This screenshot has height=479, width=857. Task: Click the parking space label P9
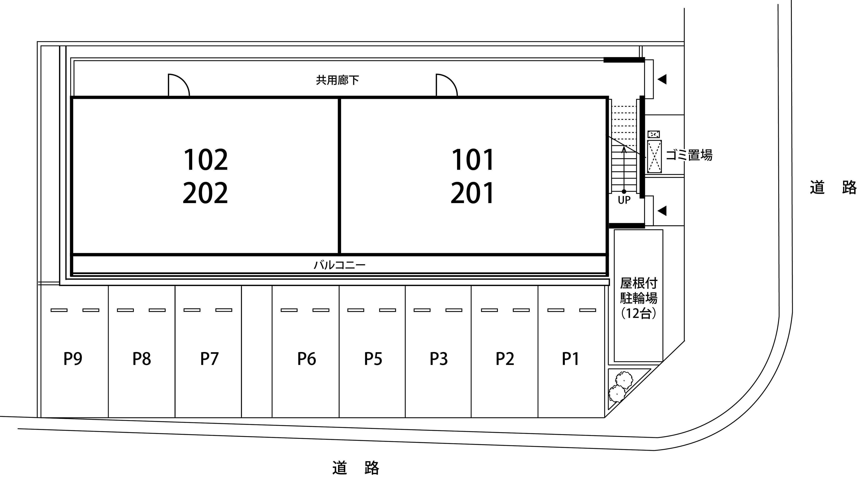(x=73, y=359)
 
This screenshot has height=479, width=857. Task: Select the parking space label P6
(x=306, y=359)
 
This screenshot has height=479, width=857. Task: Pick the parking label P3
(x=439, y=359)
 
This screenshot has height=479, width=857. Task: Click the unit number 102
(x=206, y=160)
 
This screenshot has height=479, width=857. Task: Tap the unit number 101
(x=473, y=160)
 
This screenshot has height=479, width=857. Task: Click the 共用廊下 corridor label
(x=337, y=80)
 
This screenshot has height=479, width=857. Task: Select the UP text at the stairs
(x=624, y=200)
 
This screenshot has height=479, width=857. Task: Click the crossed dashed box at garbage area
(x=654, y=156)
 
